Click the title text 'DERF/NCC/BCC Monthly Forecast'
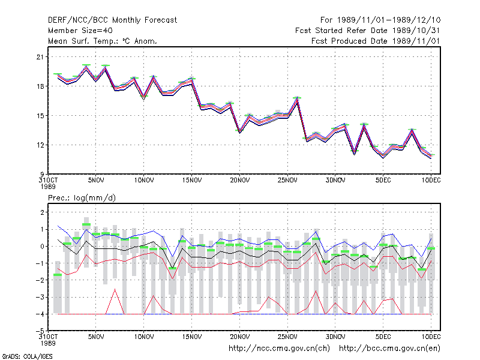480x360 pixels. click(x=112, y=20)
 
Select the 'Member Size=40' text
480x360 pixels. click(x=80, y=31)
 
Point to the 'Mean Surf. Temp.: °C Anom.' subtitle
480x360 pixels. click(x=103, y=41)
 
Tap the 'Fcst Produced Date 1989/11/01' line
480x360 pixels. click(x=376, y=41)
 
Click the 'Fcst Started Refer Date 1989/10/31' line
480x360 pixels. click(x=368, y=31)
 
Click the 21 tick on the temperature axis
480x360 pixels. click(x=40, y=57)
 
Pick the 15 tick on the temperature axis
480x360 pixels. click(x=40, y=116)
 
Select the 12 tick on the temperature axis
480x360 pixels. click(x=40, y=145)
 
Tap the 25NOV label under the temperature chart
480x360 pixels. click(x=287, y=181)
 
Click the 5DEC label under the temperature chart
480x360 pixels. click(x=383, y=181)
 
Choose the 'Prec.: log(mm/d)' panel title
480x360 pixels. click(x=82, y=198)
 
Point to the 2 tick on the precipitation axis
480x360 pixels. click(x=42, y=212)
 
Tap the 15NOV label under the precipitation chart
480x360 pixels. click(x=192, y=337)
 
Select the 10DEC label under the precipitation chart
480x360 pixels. click(x=431, y=337)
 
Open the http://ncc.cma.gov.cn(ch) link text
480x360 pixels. click(x=279, y=349)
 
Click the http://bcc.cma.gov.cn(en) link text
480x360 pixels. click(x=389, y=349)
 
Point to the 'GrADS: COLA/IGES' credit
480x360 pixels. click(x=27, y=356)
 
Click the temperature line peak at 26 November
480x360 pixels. click(x=297, y=98)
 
